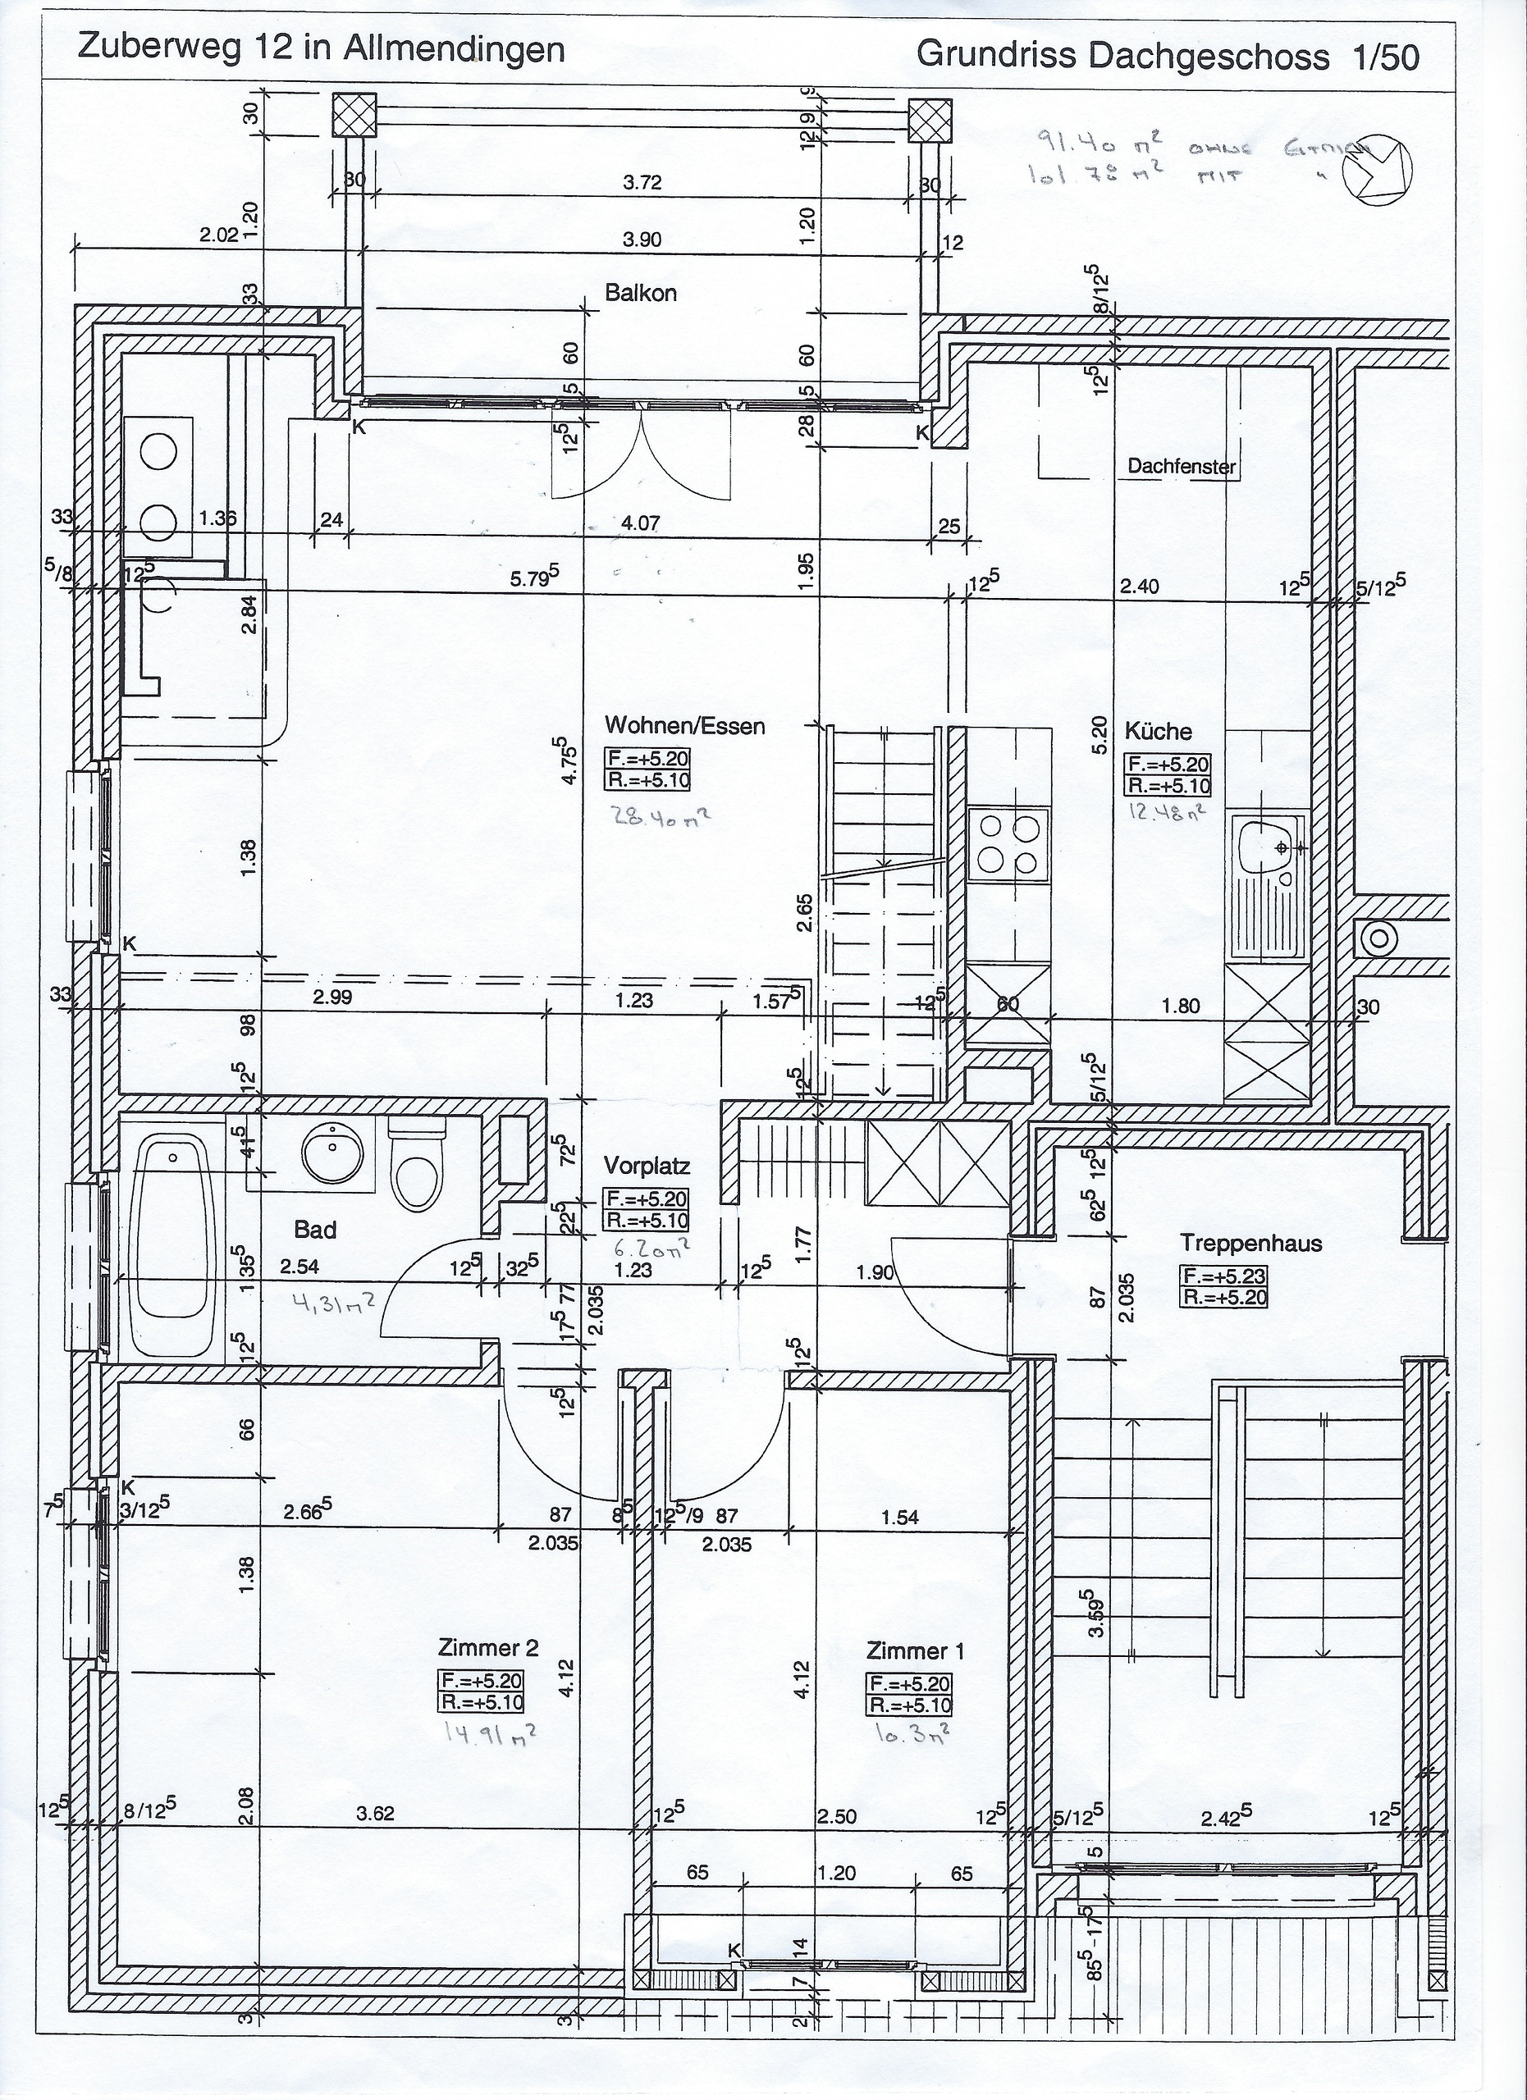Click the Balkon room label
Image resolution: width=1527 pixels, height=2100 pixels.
(x=641, y=294)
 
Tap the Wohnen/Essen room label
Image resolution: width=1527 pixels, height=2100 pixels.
(x=684, y=726)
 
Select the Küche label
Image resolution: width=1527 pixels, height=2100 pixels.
(x=1158, y=732)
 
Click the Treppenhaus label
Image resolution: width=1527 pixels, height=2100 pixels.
(x=1250, y=1243)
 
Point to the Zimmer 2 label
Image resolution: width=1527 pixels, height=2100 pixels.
(x=488, y=1648)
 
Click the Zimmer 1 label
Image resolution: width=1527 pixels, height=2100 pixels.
(x=915, y=1651)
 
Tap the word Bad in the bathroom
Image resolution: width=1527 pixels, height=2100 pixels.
(x=315, y=1230)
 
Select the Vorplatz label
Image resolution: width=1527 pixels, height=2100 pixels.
(x=647, y=1164)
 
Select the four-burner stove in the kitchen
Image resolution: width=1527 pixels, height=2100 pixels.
(x=1008, y=844)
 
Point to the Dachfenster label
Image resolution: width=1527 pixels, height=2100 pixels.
(x=1181, y=467)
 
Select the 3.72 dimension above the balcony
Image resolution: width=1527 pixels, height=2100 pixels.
(x=642, y=182)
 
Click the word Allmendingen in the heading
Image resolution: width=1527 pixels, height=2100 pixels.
(x=455, y=48)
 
